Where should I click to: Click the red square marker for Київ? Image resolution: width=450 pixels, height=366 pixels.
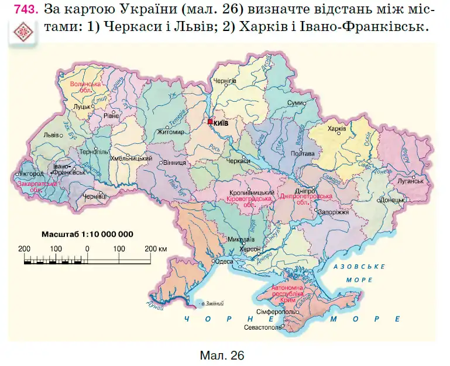coord(210,122)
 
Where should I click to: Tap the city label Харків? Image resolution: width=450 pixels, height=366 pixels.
coord(337,129)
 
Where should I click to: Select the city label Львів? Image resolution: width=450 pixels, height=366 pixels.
coord(51,134)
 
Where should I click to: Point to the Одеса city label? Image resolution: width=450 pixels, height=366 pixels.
coord(224,263)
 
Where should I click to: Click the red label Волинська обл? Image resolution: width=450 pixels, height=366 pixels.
coord(86,88)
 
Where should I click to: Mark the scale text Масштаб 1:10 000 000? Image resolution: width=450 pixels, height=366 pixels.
coord(87,234)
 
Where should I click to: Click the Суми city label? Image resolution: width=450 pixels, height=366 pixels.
coord(294,103)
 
